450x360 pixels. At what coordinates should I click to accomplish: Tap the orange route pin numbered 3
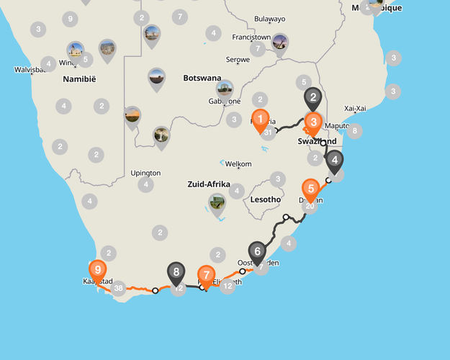point(313,122)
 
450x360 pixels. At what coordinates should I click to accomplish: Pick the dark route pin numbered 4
point(334,161)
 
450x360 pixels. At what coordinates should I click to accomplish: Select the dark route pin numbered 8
point(176,273)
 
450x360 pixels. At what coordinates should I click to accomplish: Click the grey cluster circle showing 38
point(118,289)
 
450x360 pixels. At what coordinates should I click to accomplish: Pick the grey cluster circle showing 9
point(69,19)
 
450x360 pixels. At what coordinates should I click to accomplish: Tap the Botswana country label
point(202,78)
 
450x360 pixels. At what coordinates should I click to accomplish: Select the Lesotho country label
point(264,199)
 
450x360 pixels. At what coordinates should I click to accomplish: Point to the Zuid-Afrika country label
point(208,184)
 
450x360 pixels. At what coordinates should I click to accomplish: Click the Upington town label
point(145,173)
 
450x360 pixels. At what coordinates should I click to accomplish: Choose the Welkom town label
point(238,164)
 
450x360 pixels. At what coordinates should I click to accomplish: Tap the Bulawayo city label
point(270,19)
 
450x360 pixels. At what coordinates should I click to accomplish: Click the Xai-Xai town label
point(356,108)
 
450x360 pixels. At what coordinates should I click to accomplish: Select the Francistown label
point(251,37)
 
